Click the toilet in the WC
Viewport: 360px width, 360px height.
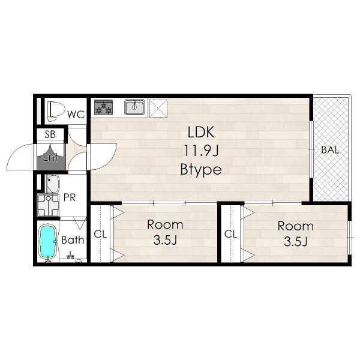(x=55, y=111)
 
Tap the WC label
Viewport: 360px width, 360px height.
(x=76, y=115)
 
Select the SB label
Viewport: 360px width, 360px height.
(x=50, y=134)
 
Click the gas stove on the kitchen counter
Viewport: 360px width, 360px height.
(x=103, y=107)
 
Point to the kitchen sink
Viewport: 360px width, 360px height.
(x=134, y=107)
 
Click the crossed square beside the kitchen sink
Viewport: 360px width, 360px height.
(x=158, y=108)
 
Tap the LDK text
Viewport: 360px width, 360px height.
(x=201, y=132)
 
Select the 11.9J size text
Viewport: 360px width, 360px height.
(x=201, y=151)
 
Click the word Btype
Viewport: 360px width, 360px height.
(x=201, y=170)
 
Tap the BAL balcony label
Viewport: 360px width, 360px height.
(x=330, y=149)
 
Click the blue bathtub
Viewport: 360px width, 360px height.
(x=48, y=242)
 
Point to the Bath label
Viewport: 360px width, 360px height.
(x=73, y=240)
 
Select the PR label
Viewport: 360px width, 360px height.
(x=70, y=197)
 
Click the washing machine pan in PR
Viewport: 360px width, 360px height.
(x=49, y=205)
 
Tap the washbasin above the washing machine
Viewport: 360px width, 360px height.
(x=53, y=184)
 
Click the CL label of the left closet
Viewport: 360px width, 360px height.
(x=100, y=234)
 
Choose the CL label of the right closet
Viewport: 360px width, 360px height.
(x=231, y=234)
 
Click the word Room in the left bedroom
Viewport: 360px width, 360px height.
(x=165, y=225)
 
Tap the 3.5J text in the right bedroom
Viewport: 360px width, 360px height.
(x=295, y=242)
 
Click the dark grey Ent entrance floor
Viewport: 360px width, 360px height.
(x=51, y=157)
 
